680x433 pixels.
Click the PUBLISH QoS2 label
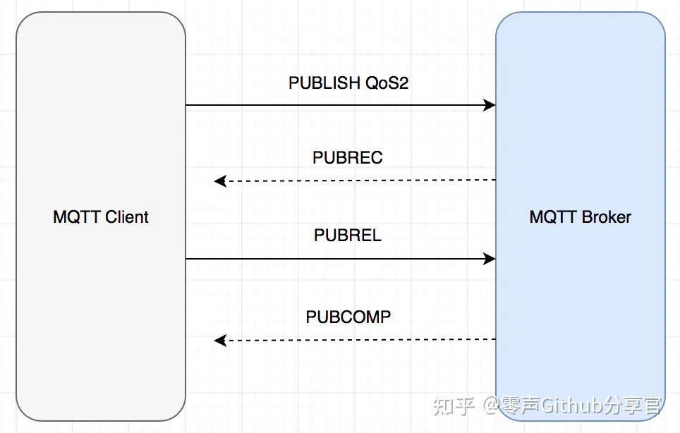pyautogui.click(x=348, y=83)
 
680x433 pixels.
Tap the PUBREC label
pyautogui.click(x=348, y=157)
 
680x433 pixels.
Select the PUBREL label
pyautogui.click(x=348, y=235)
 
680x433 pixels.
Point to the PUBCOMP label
pyautogui.click(x=348, y=317)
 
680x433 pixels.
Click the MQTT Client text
pyautogui.click(x=101, y=216)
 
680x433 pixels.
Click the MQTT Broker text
pyautogui.click(x=580, y=216)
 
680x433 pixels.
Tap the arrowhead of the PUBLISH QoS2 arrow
pyautogui.click(x=490, y=105)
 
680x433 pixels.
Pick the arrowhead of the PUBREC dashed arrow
pyautogui.click(x=220, y=181)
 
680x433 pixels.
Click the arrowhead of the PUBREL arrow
pyautogui.click(x=490, y=259)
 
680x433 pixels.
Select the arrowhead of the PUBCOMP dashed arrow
pyautogui.click(x=220, y=341)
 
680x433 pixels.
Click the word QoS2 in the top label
pyautogui.click(x=387, y=83)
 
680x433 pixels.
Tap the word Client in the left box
pyautogui.click(x=126, y=216)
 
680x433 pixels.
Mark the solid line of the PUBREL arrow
pyautogui.click(x=339, y=259)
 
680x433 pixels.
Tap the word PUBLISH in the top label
pyautogui.click(x=324, y=83)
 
